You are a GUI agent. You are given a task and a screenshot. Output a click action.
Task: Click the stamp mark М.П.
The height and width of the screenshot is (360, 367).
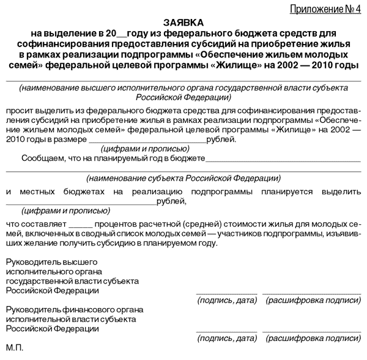point(14,348)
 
